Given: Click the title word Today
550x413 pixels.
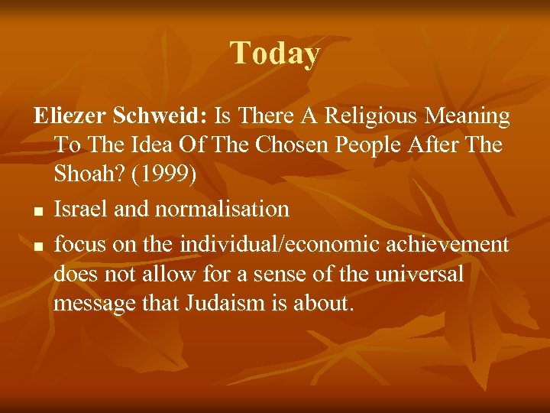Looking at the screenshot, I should (275, 54).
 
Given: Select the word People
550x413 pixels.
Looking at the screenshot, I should (360, 145).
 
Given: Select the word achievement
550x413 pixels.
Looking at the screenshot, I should (451, 244).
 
